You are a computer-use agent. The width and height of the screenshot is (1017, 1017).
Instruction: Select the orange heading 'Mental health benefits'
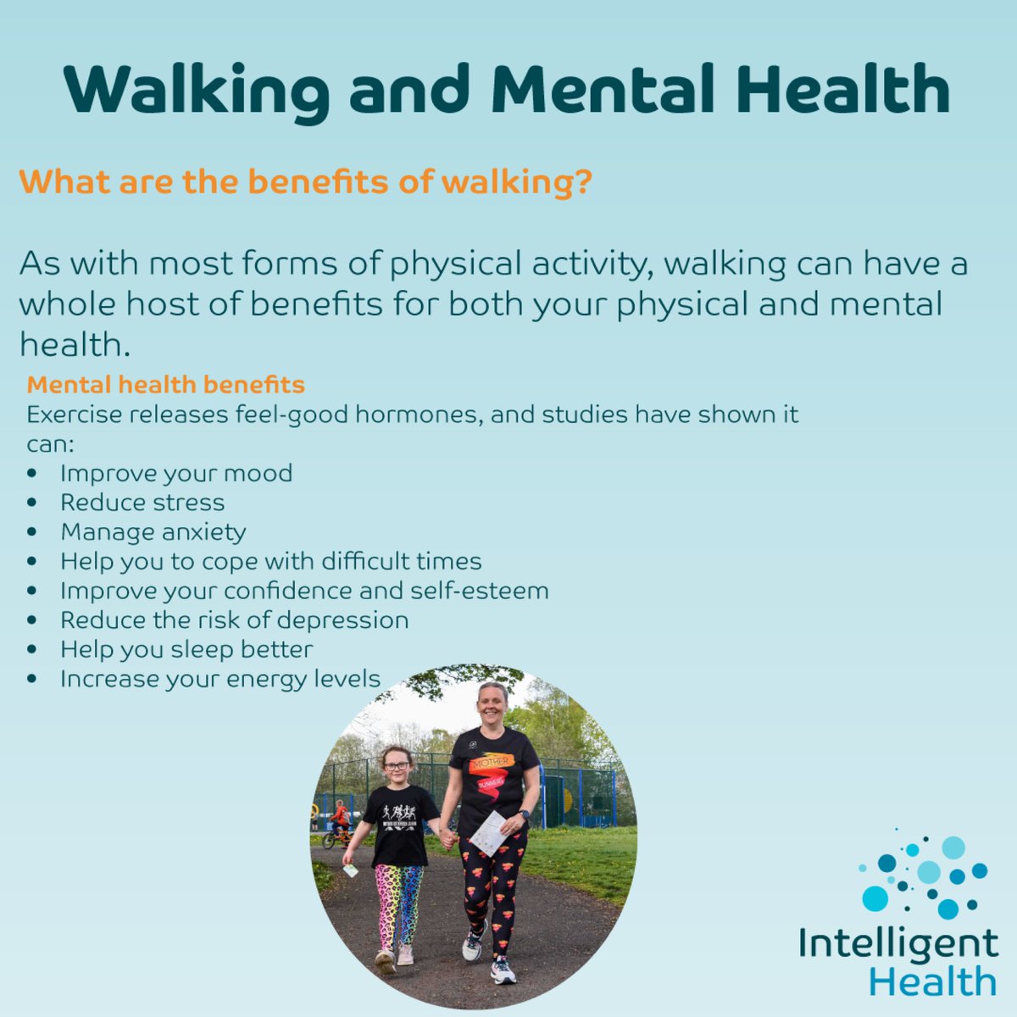(165, 385)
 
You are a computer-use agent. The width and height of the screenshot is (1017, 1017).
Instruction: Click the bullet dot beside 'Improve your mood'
(32, 474)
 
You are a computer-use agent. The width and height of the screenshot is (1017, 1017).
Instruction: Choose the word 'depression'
(348, 620)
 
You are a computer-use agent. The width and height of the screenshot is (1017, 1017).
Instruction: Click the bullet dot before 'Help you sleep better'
(32, 650)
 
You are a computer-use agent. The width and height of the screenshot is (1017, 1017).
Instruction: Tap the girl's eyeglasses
(397, 766)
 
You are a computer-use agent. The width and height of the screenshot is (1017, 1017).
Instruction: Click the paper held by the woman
(489, 833)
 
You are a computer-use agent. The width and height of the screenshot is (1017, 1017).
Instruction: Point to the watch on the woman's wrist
(524, 815)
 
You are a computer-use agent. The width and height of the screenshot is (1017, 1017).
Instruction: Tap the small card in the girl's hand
(350, 870)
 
